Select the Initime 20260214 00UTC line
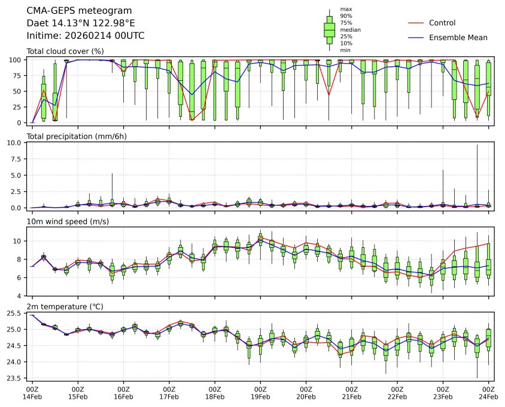(x=86, y=36)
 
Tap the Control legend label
(x=442, y=23)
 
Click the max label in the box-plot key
(x=345, y=9)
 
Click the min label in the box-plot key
(x=345, y=50)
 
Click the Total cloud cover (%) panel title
(x=65, y=51)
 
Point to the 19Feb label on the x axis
(x=260, y=396)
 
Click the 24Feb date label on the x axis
(x=488, y=396)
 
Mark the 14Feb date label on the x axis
(x=32, y=396)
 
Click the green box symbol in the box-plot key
(x=329, y=29)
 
